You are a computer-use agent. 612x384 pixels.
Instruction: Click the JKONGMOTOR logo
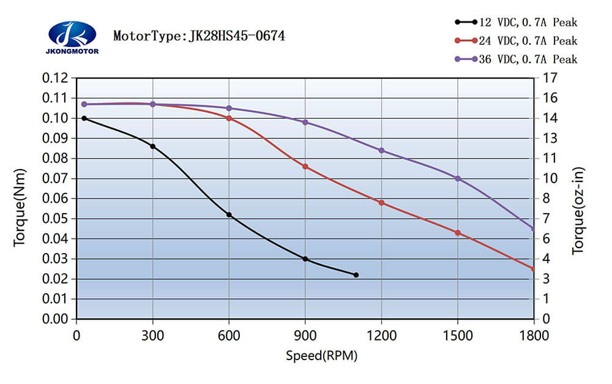72,37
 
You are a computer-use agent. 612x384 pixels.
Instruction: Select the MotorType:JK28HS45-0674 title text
199,36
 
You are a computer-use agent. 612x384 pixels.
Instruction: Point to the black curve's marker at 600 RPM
229,215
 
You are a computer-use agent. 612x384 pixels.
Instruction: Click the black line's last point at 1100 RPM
356,275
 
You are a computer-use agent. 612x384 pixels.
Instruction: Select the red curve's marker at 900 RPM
305,167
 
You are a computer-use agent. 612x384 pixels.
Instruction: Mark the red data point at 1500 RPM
458,233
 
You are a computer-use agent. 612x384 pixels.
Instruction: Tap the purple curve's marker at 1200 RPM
381,151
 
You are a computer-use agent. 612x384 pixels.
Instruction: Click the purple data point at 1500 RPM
458,179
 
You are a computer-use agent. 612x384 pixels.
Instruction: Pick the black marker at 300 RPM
153,146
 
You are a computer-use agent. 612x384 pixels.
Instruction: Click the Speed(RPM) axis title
321,356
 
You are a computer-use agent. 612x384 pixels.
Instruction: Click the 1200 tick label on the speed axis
381,336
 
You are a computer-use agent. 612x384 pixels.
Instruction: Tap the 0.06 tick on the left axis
56,198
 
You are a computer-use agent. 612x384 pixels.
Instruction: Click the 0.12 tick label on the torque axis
56,78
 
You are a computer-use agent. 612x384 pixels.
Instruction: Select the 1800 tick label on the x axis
534,336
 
